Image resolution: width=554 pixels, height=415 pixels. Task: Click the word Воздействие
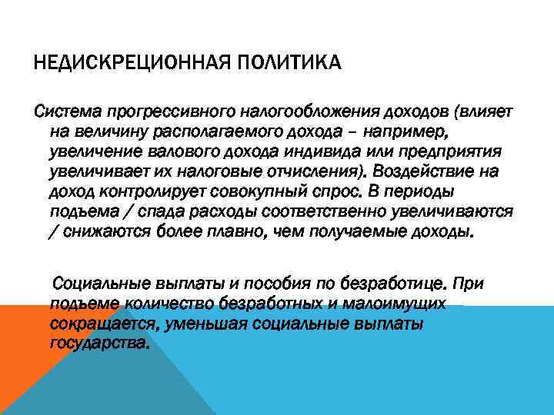pos(442,172)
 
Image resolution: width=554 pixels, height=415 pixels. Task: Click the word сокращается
pos(102,324)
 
